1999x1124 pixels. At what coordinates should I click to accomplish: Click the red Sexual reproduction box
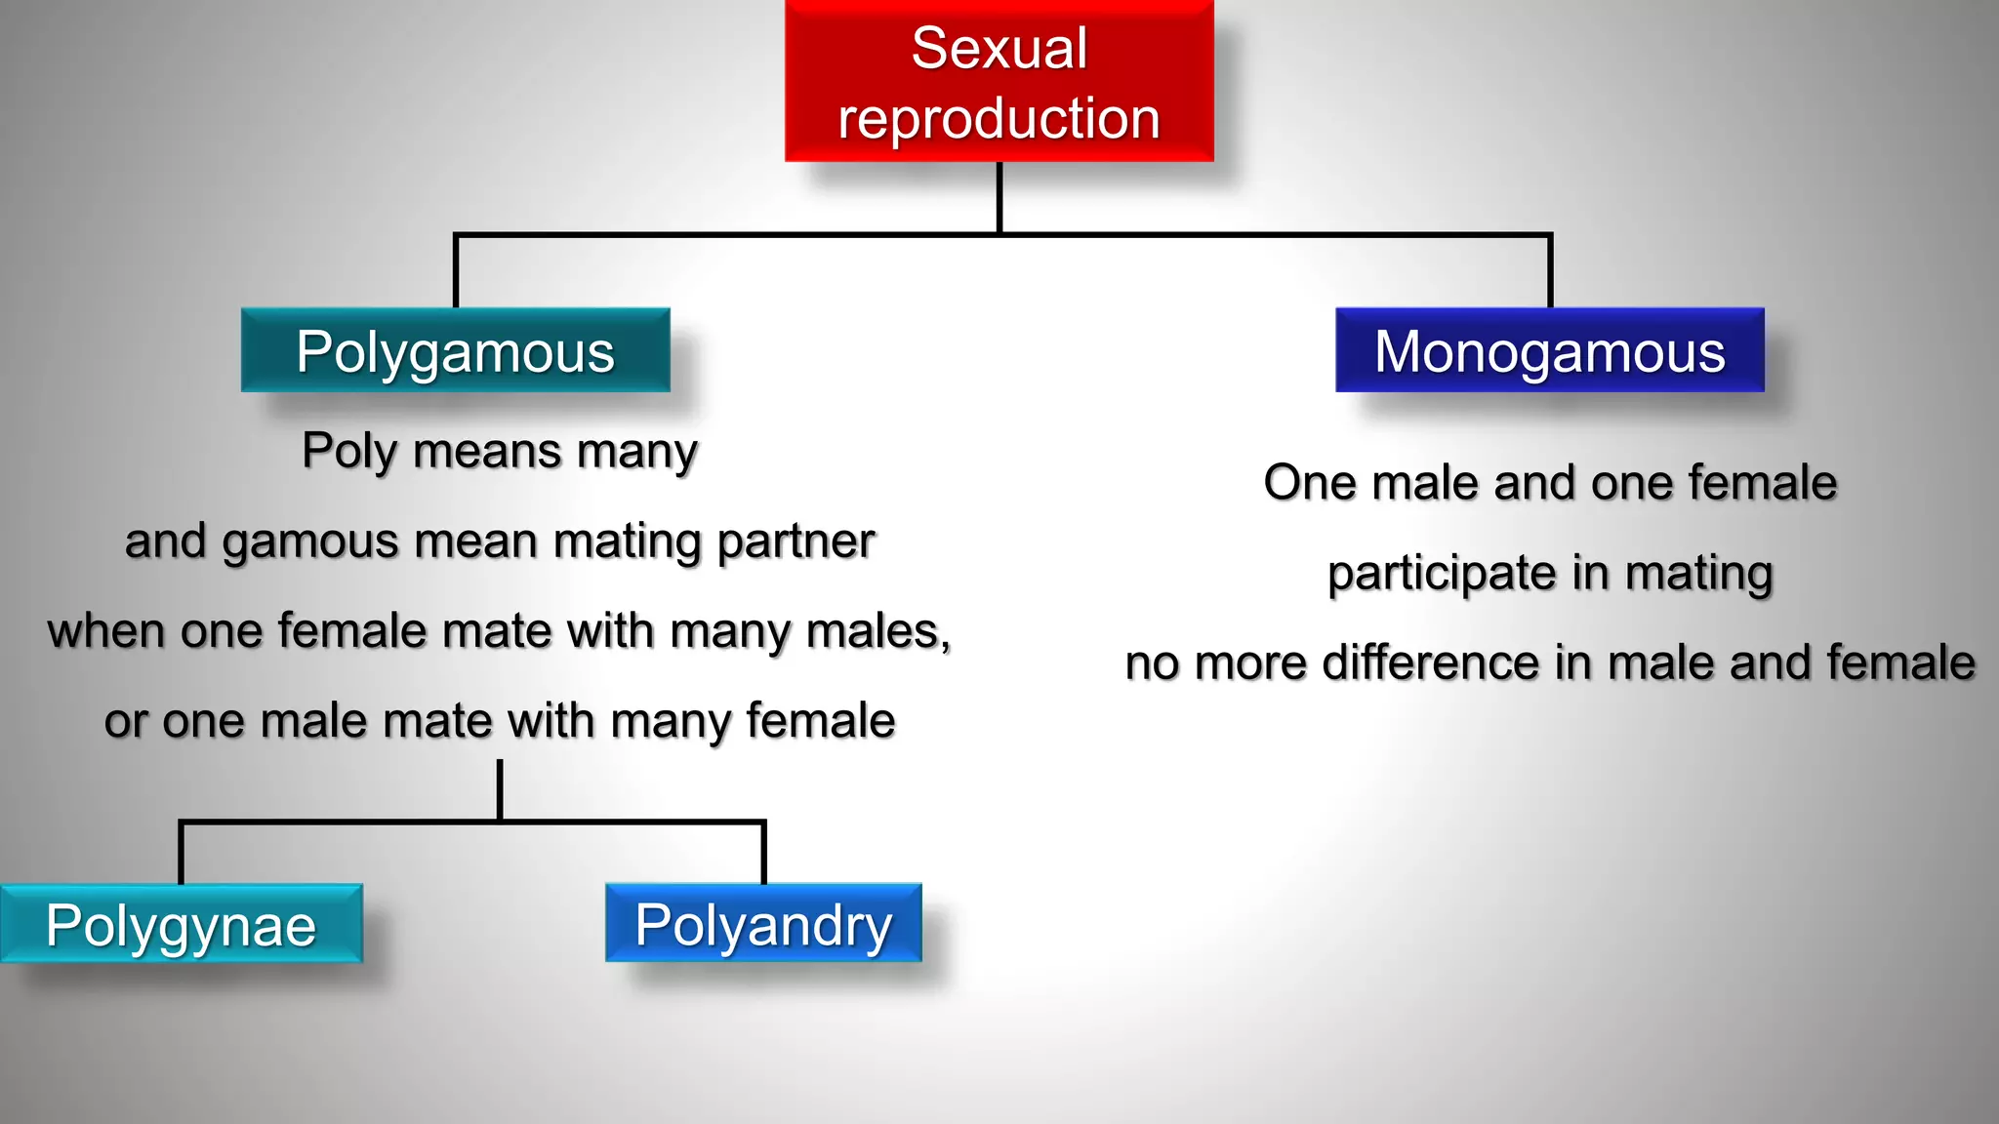pos(999,82)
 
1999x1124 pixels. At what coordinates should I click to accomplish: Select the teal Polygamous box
pos(455,350)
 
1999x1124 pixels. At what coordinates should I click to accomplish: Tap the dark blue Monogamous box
pos(1549,350)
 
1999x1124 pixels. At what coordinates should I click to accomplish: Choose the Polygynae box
pos(181,924)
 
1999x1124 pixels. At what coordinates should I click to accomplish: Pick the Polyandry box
pos(763,923)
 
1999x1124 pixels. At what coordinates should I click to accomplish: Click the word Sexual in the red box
pos(999,48)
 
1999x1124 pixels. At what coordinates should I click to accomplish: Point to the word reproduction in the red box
pos(999,119)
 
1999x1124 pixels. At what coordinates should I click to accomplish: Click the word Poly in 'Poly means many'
pos(349,452)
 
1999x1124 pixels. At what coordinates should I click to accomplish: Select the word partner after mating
pos(796,542)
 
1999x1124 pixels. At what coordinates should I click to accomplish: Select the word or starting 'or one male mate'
pos(126,722)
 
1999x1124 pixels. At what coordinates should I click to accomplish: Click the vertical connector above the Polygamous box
pos(456,272)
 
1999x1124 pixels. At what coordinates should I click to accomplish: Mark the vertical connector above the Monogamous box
pos(1550,272)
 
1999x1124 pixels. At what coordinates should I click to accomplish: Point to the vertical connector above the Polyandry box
pos(763,854)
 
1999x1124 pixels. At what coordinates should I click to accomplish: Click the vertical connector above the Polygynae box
pos(181,854)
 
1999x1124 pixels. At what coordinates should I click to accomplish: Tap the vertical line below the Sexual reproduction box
pos(999,197)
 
